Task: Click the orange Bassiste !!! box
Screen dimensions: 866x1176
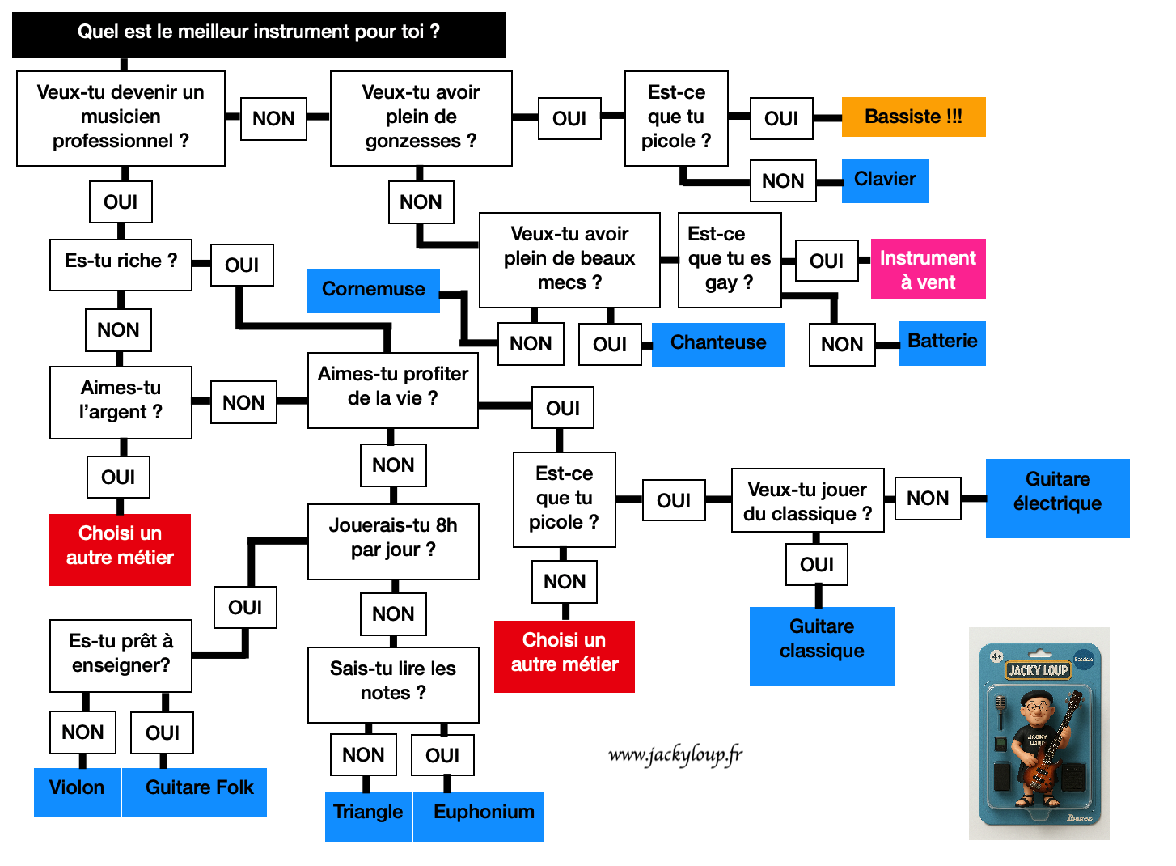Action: [913, 117]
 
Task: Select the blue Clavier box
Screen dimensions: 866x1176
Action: [885, 180]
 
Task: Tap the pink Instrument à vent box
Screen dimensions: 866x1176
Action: [928, 270]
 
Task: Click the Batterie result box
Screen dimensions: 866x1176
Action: [942, 342]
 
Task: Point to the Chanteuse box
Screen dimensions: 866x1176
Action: [718, 344]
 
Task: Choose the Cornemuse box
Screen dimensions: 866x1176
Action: [373, 290]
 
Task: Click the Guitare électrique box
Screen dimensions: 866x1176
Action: [1057, 497]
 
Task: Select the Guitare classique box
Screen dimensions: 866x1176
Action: [822, 645]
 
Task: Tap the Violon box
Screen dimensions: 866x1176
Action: [77, 791]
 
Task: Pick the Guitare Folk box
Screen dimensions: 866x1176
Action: [195, 791]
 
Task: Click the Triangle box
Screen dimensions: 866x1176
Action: [368, 816]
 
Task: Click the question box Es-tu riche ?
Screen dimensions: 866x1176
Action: [121, 264]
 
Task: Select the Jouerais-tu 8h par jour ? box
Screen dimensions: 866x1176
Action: [393, 541]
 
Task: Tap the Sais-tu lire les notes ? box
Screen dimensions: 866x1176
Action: [393, 684]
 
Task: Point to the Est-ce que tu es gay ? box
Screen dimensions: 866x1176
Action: [729, 260]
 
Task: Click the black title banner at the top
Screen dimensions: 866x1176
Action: [259, 34]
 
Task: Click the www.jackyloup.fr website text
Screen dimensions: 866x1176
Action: [675, 755]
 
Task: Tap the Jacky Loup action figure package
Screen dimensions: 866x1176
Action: [1039, 733]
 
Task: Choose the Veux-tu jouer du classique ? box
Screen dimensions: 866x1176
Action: [807, 501]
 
